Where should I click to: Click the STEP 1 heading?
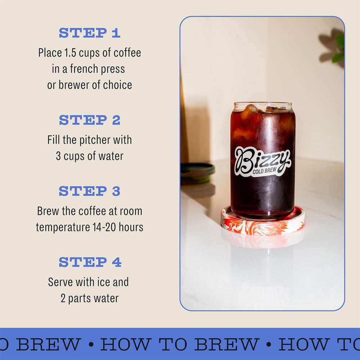(90, 33)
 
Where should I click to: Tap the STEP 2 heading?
(90, 120)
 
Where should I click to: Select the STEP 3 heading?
(90, 191)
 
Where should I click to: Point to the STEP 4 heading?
(90, 262)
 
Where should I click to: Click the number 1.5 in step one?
(70, 53)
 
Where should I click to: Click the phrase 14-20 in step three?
(104, 227)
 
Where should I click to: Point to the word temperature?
(63, 228)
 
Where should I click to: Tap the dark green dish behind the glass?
(197, 174)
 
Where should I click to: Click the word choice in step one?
(118, 85)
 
